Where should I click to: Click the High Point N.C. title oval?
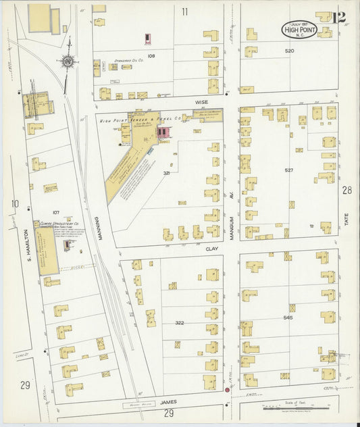(299, 29)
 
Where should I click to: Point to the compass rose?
(68, 62)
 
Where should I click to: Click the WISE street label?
(201, 103)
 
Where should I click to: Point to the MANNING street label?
(97, 228)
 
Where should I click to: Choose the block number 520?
(289, 51)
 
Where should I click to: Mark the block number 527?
(288, 170)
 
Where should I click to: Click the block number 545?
(288, 317)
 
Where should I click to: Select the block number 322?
(179, 323)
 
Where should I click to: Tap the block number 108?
(152, 55)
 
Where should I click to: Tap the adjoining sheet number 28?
(347, 191)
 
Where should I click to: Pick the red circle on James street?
(228, 390)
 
